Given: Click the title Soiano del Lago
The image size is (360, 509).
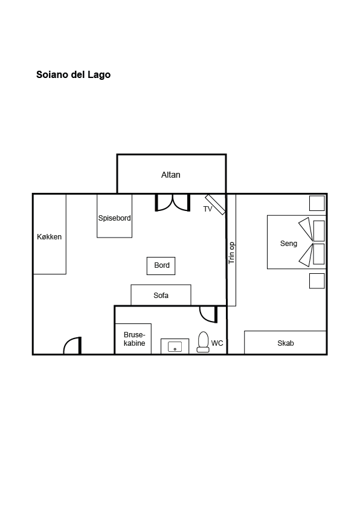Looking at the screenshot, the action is click(x=73, y=75).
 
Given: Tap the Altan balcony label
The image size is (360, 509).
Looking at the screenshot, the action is click(x=170, y=175).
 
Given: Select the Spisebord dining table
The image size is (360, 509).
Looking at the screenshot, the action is click(x=115, y=216).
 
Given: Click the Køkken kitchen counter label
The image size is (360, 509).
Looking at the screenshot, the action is click(x=50, y=237).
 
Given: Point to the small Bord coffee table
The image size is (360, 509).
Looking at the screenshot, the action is click(x=161, y=266).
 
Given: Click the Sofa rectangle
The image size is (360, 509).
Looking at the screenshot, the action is click(x=161, y=295).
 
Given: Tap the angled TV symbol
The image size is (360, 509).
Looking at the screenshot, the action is click(x=216, y=204).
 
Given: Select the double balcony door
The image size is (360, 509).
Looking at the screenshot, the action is click(x=173, y=203).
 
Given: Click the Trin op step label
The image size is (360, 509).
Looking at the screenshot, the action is click(x=231, y=253).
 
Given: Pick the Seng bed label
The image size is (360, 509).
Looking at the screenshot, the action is click(x=289, y=244).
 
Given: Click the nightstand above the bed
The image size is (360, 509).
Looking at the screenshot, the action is click(x=317, y=203).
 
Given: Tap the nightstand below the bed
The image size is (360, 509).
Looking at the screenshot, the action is click(x=317, y=280).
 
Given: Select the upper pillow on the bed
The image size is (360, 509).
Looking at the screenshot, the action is click(x=319, y=230).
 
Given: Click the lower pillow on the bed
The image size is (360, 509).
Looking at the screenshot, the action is click(x=319, y=254).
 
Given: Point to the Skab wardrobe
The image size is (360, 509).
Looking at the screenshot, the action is click(x=285, y=343).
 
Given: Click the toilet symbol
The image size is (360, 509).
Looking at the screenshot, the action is click(x=204, y=342).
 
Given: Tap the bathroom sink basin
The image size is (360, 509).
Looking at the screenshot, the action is click(x=175, y=347).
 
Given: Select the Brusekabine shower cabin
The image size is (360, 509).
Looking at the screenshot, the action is click(x=133, y=339).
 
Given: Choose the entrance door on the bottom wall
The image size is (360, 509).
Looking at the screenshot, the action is click(x=72, y=345).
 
